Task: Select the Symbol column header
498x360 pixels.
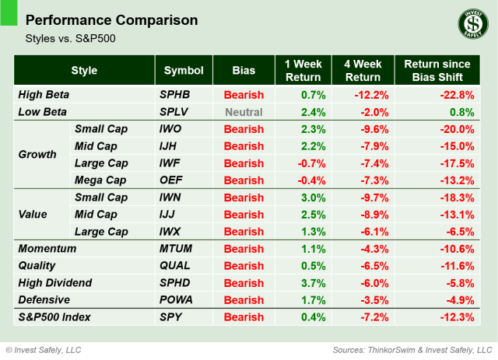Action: (x=183, y=71)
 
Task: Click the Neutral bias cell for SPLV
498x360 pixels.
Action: (x=244, y=112)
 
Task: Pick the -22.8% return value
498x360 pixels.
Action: (x=458, y=96)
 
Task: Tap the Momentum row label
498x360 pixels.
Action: (x=47, y=249)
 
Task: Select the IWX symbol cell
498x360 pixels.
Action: (x=172, y=232)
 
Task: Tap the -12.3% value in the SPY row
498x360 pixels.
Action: (x=458, y=317)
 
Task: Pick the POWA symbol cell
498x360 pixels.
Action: (x=176, y=300)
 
